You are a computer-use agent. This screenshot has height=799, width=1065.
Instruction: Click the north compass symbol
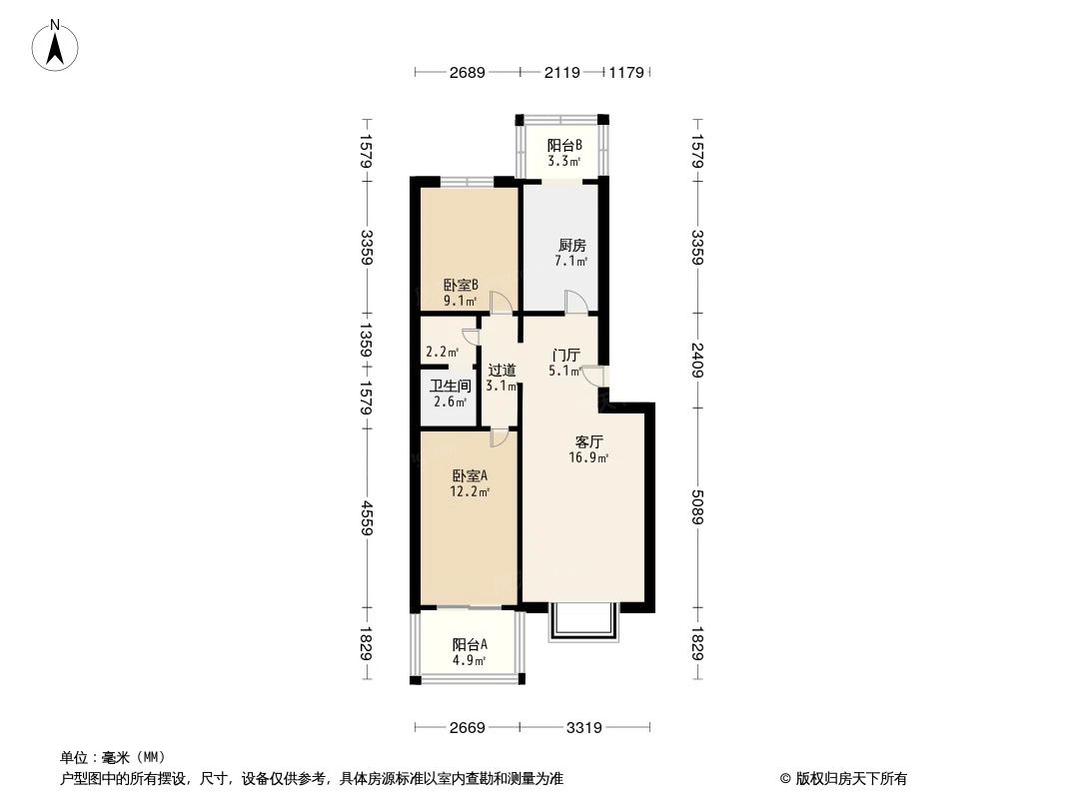(57, 45)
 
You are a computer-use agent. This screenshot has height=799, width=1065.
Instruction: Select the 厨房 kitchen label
(571, 245)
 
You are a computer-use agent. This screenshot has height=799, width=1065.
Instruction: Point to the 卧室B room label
(461, 284)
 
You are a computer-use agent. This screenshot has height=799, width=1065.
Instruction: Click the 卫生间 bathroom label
(450, 386)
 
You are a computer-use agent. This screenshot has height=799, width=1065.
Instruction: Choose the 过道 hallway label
(502, 370)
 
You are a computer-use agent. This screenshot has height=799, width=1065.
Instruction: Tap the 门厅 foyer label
(566, 355)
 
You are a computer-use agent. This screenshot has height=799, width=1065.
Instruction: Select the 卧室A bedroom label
(470, 475)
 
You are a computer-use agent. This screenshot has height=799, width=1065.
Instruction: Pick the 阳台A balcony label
(469, 644)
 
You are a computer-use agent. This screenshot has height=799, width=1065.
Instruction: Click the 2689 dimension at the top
(467, 72)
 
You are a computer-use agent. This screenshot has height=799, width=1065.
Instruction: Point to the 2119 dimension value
(562, 72)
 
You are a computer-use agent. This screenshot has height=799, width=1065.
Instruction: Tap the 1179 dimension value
(628, 72)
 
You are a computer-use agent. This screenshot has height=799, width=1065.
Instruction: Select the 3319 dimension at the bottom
(583, 728)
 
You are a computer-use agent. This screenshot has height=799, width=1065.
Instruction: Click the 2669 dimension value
(467, 728)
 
